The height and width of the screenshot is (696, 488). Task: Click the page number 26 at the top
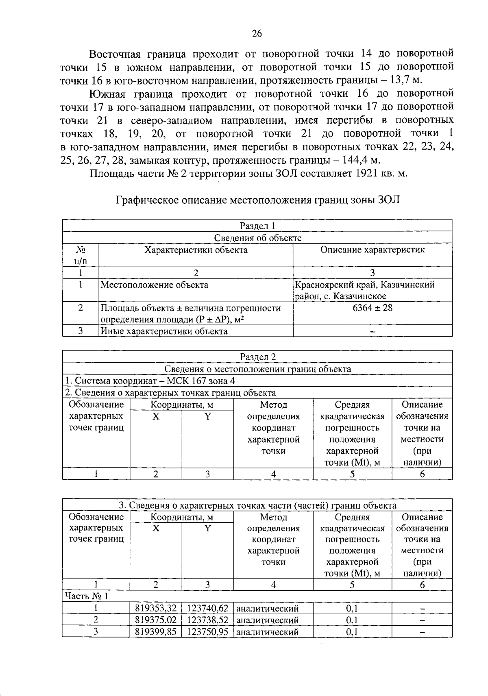[x=257, y=34]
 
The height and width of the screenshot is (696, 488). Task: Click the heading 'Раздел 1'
[x=257, y=226]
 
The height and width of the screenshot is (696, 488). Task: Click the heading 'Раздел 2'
[x=257, y=357]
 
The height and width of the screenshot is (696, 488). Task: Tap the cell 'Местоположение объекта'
[x=154, y=285]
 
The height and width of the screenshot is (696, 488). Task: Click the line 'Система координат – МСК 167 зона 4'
[x=150, y=381]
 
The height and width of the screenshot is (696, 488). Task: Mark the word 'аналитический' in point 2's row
[x=268, y=620]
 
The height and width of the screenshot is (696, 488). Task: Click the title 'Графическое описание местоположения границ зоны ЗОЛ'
[x=258, y=200]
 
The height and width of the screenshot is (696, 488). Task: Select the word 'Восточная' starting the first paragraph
[x=115, y=54]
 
